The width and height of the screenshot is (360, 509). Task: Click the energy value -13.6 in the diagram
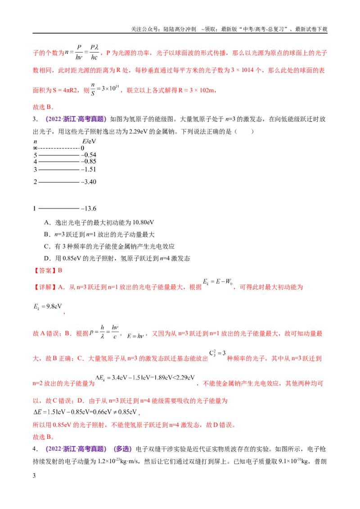[88, 208]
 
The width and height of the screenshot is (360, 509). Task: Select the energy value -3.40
[88, 182]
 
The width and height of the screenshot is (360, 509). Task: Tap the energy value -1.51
[88, 169]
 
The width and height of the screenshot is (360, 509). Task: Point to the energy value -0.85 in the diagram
[88, 161]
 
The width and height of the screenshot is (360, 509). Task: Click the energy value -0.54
[88, 155]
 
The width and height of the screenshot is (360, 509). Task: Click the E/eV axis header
[89, 142]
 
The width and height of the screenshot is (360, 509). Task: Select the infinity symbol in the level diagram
[36, 148]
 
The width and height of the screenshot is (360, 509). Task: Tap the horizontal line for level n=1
[59, 208]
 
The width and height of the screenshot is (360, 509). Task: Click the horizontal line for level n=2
[59, 182]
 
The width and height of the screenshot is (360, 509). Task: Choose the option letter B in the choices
[47, 235]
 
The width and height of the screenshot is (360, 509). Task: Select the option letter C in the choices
[47, 247]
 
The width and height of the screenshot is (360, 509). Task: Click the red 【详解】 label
[45, 287]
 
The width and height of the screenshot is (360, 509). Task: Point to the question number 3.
[35, 119]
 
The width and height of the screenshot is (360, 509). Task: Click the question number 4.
[35, 449]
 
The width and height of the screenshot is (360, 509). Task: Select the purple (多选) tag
[122, 449]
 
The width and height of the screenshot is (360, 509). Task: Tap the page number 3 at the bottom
[34, 476]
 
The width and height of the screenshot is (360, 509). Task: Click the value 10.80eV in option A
[143, 223]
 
